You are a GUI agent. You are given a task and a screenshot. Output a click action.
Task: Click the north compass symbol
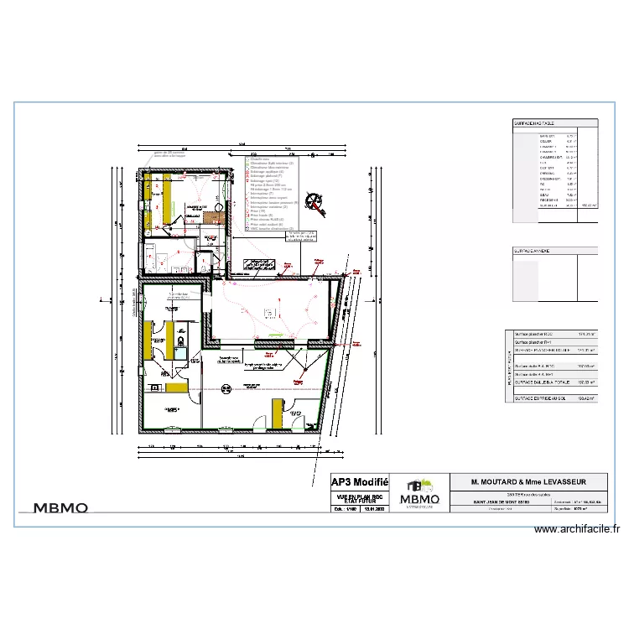(315, 201)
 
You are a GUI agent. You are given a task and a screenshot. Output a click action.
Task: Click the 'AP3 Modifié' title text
(360, 482)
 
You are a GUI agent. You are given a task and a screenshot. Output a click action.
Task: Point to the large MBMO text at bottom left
(61, 507)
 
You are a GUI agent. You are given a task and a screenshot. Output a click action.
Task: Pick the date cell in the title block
(374, 508)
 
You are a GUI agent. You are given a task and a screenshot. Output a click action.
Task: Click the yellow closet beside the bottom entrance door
(276, 413)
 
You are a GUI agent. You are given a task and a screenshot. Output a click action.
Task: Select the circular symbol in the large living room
(225, 387)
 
